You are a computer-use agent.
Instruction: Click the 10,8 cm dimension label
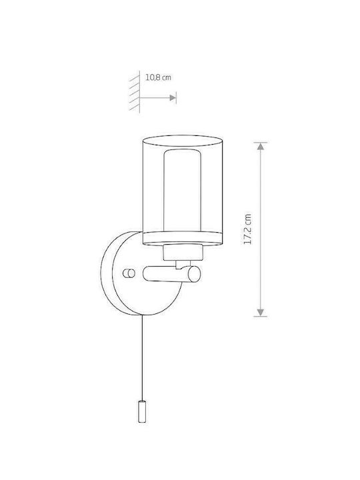coord(158,77)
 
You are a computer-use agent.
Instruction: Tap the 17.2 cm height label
coord(247,229)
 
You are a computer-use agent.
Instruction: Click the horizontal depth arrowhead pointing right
coord(173,97)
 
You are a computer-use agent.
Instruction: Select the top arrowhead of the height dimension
coord(260,146)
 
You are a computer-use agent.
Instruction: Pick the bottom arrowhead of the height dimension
coord(260,312)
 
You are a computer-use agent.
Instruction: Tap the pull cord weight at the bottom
coord(142,411)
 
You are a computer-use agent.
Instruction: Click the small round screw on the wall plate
coord(129,273)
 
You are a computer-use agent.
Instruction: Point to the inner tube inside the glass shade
coord(183,190)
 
